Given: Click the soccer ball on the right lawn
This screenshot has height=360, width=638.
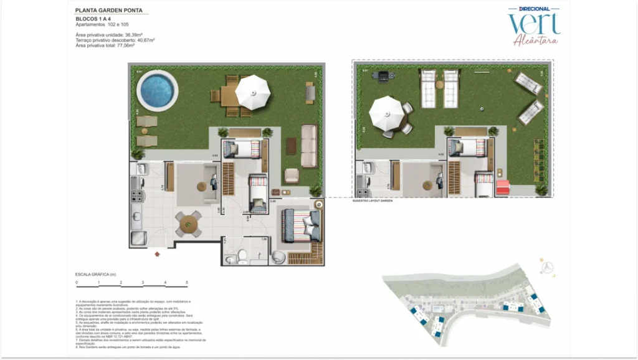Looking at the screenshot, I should (x=482, y=109).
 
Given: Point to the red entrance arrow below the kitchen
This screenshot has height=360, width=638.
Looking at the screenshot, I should (x=156, y=253).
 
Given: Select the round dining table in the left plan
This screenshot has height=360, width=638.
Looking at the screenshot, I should (x=189, y=222).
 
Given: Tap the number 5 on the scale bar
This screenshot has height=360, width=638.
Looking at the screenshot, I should (x=188, y=283).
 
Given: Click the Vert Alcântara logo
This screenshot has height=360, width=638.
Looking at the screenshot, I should (x=533, y=25).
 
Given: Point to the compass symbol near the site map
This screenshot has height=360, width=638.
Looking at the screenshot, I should (x=548, y=267).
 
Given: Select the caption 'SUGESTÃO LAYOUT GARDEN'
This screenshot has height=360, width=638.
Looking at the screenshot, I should (x=373, y=201).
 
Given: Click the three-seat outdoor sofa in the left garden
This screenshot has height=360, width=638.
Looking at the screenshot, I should (x=308, y=146).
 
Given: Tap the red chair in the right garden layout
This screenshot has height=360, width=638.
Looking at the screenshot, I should (x=502, y=186).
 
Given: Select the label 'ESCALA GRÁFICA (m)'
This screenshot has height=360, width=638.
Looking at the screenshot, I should (x=95, y=274).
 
